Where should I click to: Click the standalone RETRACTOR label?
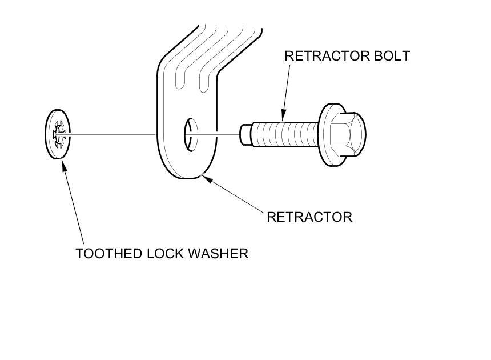309,217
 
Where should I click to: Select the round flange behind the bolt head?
326,134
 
